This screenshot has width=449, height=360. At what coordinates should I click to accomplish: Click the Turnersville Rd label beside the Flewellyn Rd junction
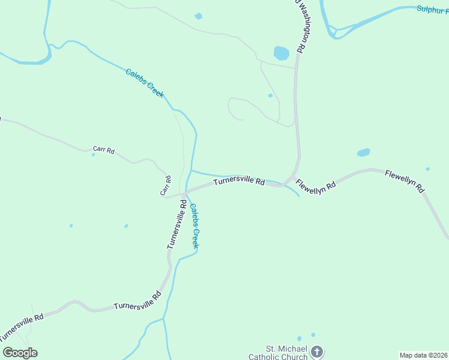[x=239, y=181]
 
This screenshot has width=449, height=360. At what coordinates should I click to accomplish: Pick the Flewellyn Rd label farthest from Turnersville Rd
[x=405, y=181]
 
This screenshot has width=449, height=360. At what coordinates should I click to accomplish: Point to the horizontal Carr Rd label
[x=103, y=149]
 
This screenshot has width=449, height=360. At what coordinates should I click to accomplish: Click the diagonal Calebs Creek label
[x=145, y=83]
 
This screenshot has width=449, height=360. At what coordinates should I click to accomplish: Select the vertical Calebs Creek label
[x=194, y=226]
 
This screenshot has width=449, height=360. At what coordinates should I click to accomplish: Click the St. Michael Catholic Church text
[x=287, y=353]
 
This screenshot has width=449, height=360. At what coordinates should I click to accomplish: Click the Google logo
[x=20, y=353]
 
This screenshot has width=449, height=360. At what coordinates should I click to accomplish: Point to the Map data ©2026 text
[x=424, y=355]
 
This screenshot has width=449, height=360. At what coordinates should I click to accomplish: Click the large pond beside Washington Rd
[x=281, y=53]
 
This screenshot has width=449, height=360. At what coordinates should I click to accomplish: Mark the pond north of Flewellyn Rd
[x=363, y=152]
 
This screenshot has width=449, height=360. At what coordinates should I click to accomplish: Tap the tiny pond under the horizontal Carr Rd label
[x=93, y=155]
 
